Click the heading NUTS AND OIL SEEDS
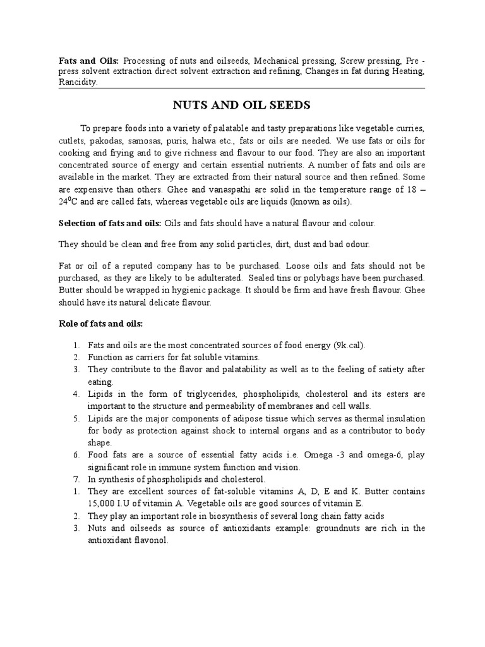tap(242, 104)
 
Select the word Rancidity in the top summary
tap(78, 82)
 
